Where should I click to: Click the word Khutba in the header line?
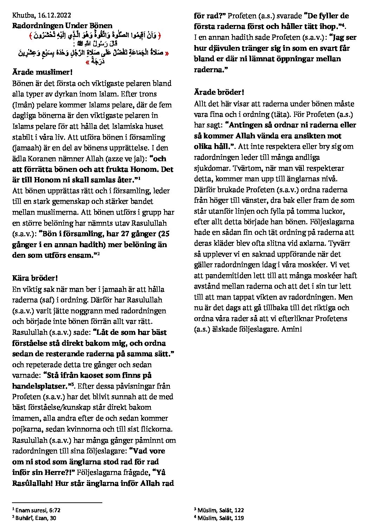[x=23, y=15]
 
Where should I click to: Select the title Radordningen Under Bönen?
[x=62, y=25]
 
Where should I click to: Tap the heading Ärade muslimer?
[x=42, y=72]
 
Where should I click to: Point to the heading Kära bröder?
[x=35, y=278]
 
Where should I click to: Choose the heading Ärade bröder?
[x=219, y=92]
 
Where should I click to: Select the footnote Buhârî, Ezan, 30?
[x=36, y=518]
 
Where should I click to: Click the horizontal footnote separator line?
[x=57, y=503]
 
